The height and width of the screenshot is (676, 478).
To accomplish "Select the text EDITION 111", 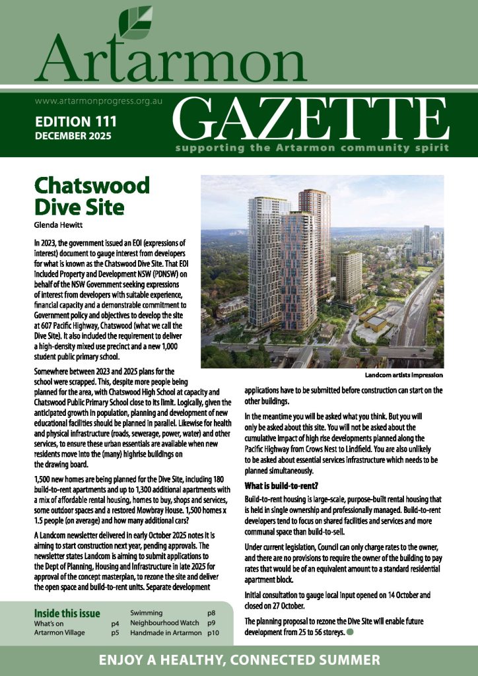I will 75,121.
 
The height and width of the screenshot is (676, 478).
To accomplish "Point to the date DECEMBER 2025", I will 73,135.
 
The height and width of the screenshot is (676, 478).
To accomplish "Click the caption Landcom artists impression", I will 403,375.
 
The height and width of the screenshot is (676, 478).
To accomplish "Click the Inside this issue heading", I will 67,613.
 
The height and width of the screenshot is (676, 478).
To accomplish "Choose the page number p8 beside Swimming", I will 212,613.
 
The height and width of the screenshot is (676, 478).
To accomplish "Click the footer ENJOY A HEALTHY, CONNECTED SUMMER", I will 239,659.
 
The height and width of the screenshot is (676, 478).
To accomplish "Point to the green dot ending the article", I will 350,632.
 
